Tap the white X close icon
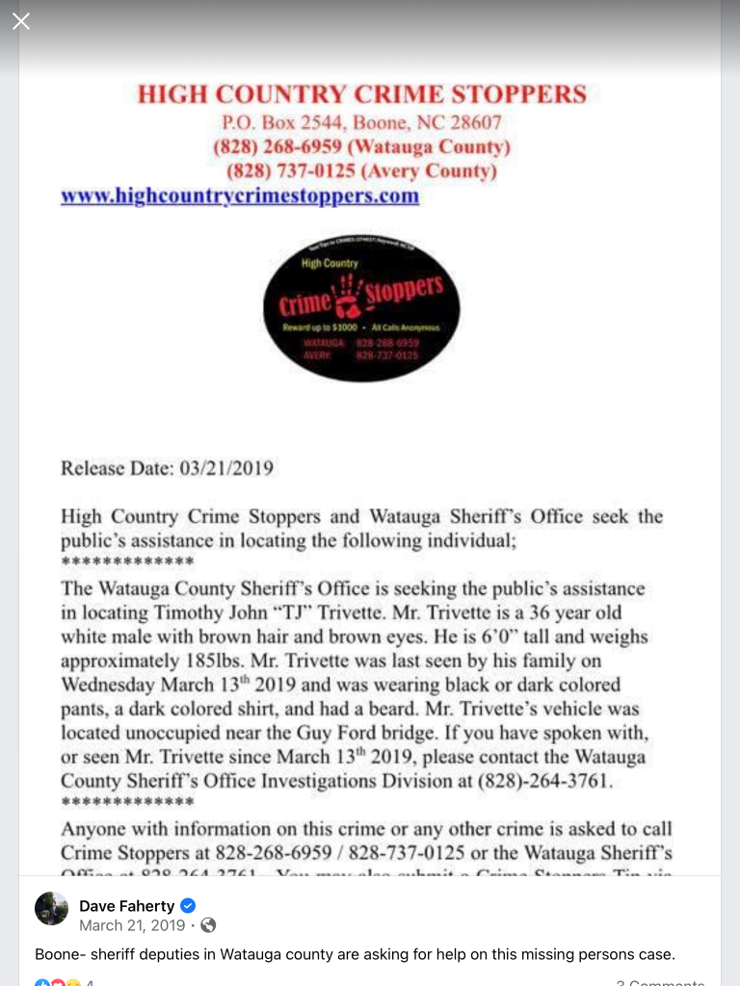(x=21, y=21)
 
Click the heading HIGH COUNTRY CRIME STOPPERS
(x=361, y=94)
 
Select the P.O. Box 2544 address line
(x=361, y=123)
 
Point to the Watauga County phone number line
(x=361, y=147)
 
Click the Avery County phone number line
(x=361, y=171)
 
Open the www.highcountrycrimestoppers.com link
(x=240, y=195)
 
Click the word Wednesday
(x=107, y=685)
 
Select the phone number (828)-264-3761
(x=544, y=781)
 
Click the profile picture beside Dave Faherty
(x=52, y=908)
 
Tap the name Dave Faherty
(x=126, y=905)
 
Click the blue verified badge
(x=189, y=905)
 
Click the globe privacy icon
(x=208, y=925)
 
